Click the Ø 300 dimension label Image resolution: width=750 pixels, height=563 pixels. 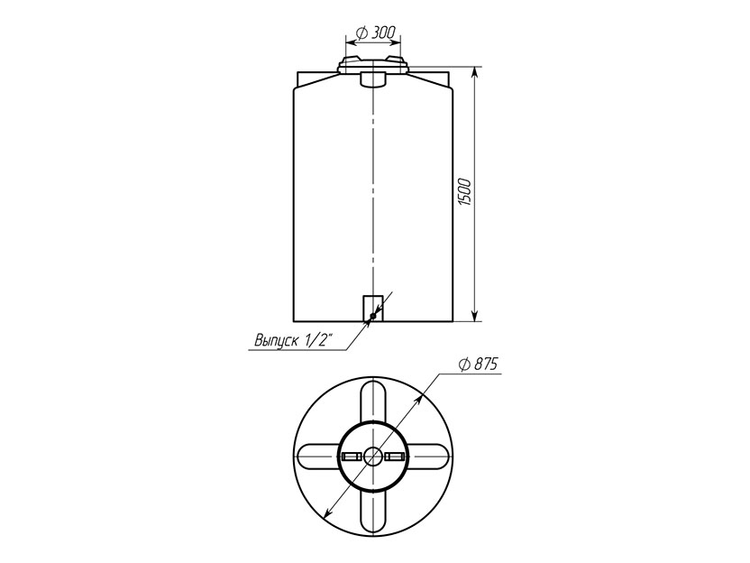point(376,32)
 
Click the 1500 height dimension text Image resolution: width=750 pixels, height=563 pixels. point(465,192)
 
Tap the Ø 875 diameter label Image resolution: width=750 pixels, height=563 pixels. point(478,365)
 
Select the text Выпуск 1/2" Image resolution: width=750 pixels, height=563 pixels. point(293,340)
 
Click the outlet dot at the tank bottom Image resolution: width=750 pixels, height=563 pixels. point(373,316)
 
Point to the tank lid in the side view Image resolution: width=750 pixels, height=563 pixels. point(372,65)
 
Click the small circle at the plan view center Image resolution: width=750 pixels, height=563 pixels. point(372,457)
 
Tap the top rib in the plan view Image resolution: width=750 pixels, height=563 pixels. point(373,401)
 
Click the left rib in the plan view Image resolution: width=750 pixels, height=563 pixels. point(318,457)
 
